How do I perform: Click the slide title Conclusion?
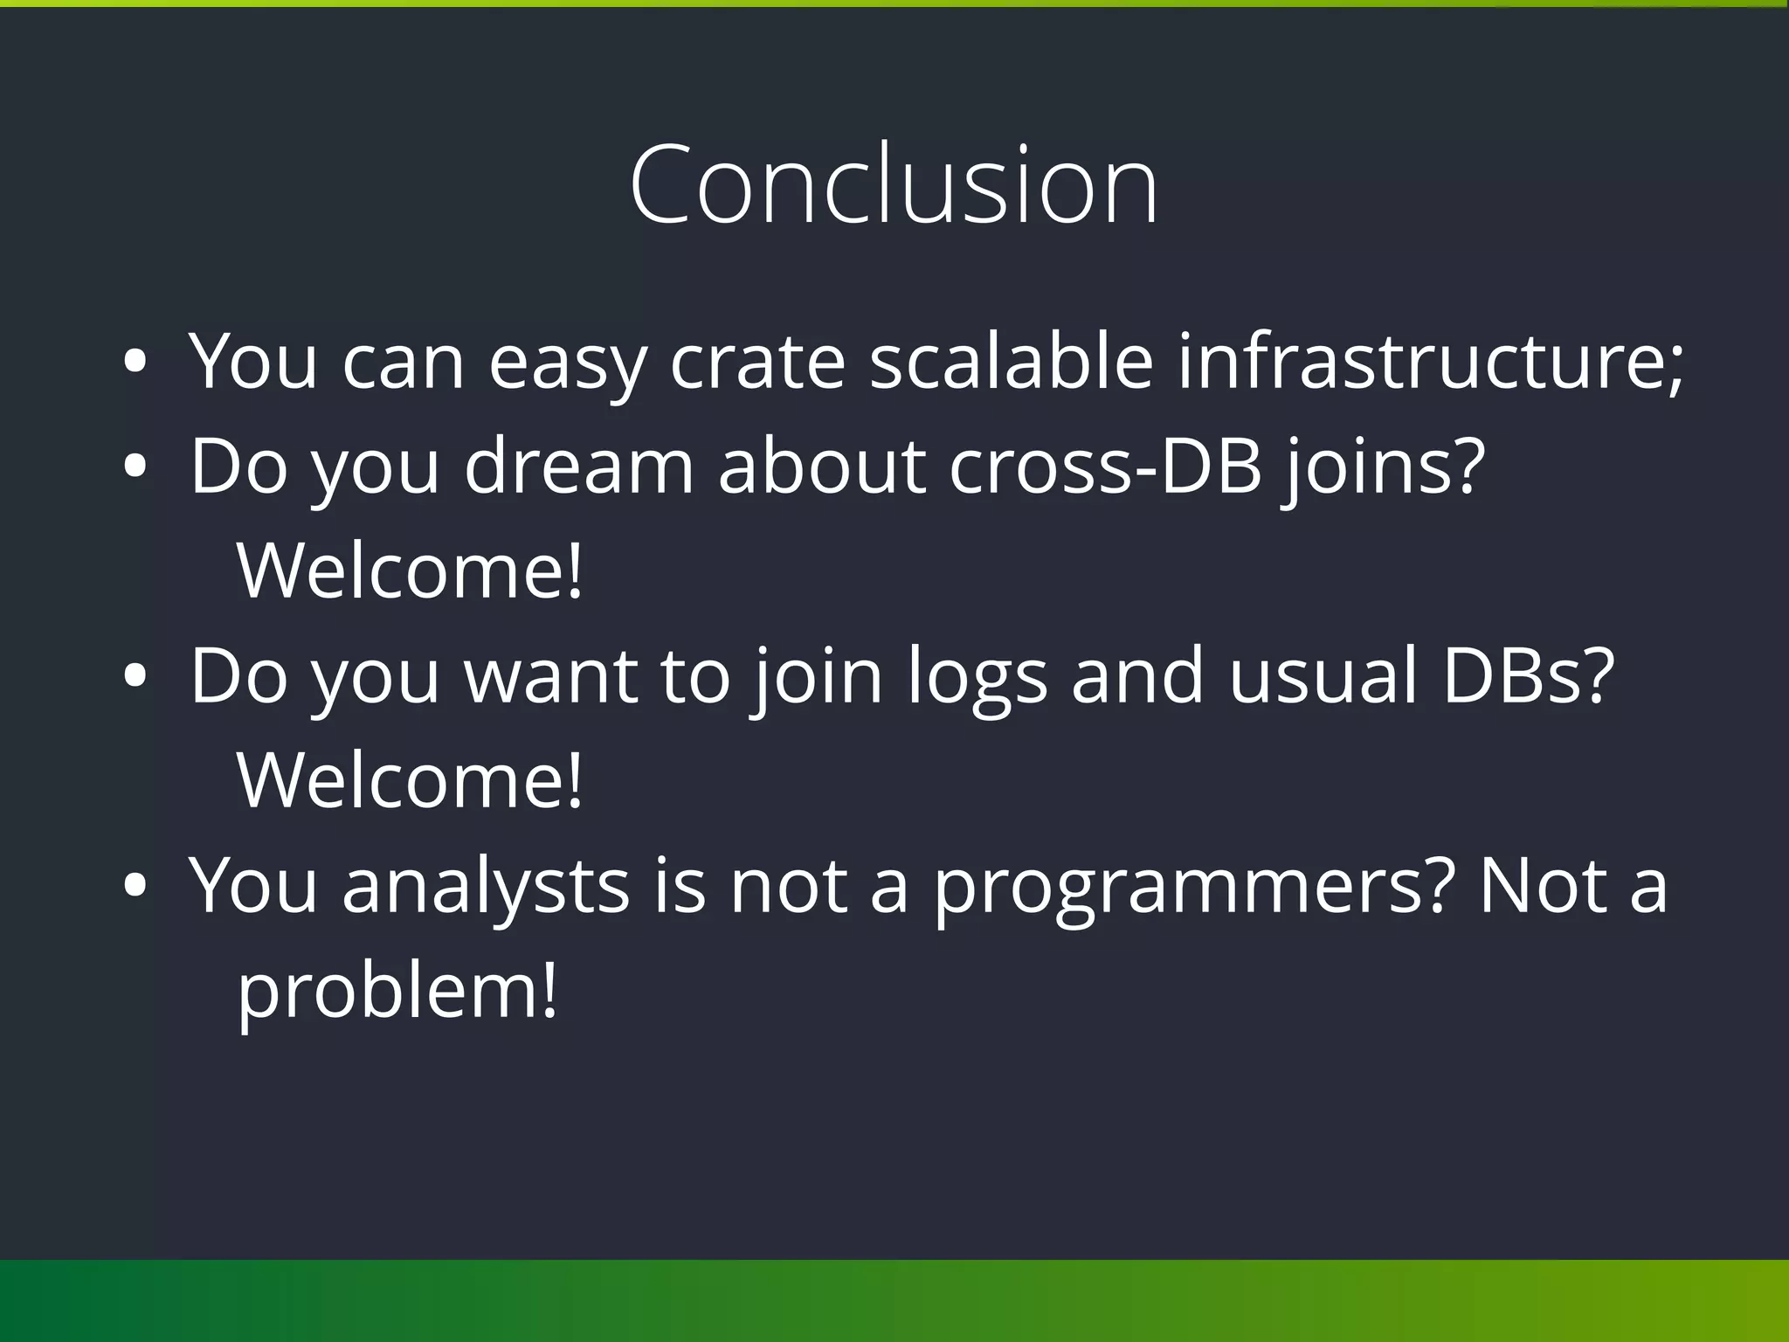pyautogui.click(x=893, y=185)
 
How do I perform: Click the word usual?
pyautogui.click(x=1323, y=674)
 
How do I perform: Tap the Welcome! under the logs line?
pyautogui.click(x=409, y=779)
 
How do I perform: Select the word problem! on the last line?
pyautogui.click(x=397, y=993)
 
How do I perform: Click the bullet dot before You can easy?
pyautogui.click(x=135, y=362)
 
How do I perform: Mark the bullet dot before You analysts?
pyautogui.click(x=135, y=886)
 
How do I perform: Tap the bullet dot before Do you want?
pyautogui.click(x=135, y=676)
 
